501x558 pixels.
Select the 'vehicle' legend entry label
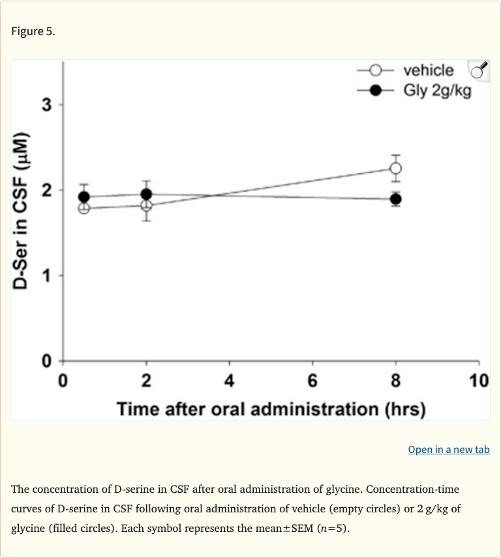tap(428, 70)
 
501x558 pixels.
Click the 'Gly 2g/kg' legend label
tap(436, 90)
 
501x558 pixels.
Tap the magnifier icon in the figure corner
tap(479, 70)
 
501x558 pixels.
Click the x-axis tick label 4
tap(230, 379)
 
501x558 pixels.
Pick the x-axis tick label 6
tap(312, 379)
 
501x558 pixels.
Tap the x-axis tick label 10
tap(478, 379)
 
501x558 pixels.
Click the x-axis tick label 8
tap(396, 379)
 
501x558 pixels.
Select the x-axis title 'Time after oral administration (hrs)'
tap(271, 409)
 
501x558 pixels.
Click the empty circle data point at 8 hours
tap(395, 168)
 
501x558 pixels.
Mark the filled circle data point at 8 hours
tap(395, 199)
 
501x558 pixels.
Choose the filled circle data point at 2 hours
tap(146, 194)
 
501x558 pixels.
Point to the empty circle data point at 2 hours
tap(146, 206)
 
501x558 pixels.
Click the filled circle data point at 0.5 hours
tap(83, 197)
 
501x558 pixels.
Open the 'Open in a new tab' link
tap(448, 450)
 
